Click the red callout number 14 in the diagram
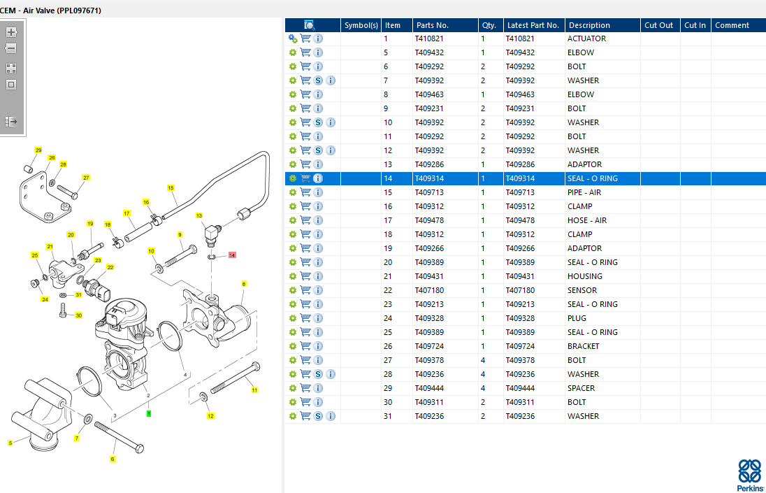coord(232,255)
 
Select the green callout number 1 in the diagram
coord(149,413)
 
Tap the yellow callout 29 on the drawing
coord(38,150)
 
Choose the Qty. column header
coord(489,25)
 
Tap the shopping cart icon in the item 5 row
coord(305,52)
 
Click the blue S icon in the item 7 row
coord(318,80)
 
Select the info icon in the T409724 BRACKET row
coord(318,346)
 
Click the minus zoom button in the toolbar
coord(11,48)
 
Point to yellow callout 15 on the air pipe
coord(171,187)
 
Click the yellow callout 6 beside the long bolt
coord(112,459)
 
